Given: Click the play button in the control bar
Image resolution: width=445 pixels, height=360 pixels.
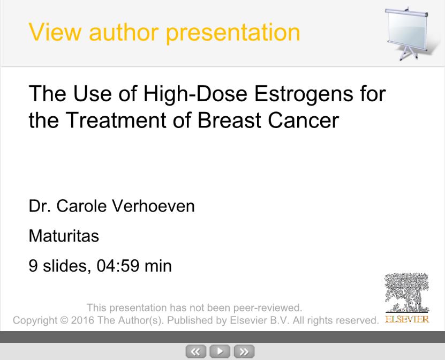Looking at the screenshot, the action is [x=220, y=351].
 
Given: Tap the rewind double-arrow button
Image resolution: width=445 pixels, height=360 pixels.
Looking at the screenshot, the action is [x=196, y=351].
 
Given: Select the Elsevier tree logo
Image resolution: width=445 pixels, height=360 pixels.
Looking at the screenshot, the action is [x=407, y=292].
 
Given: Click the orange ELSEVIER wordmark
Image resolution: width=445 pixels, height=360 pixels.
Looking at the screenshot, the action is [x=407, y=319].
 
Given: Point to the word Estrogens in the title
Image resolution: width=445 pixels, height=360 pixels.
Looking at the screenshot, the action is [x=304, y=94].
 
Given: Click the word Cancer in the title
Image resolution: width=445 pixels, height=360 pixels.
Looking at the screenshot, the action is [x=304, y=120].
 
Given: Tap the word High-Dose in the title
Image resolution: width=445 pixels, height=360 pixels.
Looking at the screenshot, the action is [x=195, y=94].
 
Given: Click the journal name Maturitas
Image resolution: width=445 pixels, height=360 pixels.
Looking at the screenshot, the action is [x=64, y=236].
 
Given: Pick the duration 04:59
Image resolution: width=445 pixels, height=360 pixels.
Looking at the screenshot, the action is [x=118, y=266].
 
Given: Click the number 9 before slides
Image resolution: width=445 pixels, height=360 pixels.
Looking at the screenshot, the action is [x=33, y=266].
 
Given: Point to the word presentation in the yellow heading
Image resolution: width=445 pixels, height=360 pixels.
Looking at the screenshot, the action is [x=233, y=33].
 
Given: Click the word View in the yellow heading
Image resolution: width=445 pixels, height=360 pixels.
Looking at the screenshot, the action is [x=55, y=32].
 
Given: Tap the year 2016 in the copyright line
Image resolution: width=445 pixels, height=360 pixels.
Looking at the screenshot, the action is [x=82, y=320].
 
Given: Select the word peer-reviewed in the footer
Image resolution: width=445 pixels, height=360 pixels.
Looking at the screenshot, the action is [x=268, y=308].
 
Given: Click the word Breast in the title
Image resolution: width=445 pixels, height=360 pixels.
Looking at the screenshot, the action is [x=229, y=120].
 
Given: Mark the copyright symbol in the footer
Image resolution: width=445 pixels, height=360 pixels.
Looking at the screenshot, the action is [x=64, y=320].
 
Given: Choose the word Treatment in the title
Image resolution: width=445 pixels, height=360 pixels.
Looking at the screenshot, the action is [x=116, y=120].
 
